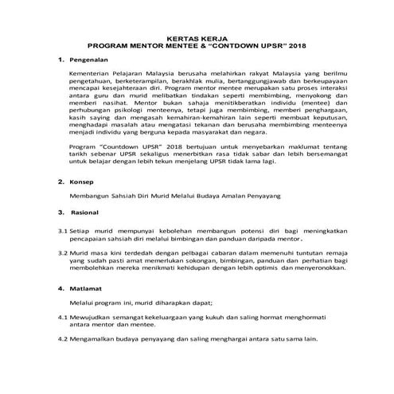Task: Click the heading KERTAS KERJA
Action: [197, 37]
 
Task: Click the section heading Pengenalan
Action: [89, 60]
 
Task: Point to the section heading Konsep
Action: [82, 181]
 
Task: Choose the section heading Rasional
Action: [86, 213]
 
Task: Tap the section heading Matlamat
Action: [87, 287]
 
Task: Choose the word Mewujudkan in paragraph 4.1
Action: [92, 318]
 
